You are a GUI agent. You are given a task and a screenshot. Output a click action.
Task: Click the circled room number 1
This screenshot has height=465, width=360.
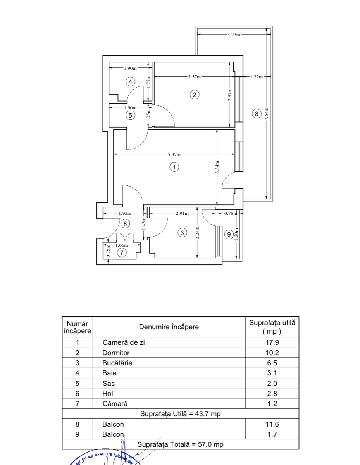point(174,167)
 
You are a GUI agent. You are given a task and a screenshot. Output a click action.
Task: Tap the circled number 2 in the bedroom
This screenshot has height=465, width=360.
point(195,94)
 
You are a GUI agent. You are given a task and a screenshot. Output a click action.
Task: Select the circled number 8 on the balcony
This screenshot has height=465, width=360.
point(256,114)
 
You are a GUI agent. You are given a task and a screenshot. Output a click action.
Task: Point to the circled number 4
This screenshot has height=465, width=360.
point(131,81)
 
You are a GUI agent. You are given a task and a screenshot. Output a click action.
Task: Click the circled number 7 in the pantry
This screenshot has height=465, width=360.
point(122,252)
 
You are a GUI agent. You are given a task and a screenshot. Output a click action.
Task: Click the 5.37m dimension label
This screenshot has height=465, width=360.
point(174,155)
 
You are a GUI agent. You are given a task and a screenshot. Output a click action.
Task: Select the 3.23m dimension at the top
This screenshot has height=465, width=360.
point(234,35)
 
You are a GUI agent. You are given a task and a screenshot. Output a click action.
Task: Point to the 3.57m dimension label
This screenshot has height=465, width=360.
point(195,77)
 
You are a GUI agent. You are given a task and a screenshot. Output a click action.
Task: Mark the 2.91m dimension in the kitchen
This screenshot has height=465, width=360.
point(182,213)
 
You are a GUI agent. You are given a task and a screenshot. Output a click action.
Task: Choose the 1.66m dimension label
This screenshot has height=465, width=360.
point(122,245)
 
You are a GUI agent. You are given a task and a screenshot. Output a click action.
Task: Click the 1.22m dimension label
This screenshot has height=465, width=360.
point(256,77)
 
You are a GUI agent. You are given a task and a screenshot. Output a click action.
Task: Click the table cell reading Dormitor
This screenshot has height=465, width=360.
point(116,353)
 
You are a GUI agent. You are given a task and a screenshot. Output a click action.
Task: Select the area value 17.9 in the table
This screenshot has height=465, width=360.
point(272,342)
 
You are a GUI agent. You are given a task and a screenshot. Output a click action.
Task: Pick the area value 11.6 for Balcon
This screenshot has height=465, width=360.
point(272,424)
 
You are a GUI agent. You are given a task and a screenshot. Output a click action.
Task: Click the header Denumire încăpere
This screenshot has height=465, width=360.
point(169,327)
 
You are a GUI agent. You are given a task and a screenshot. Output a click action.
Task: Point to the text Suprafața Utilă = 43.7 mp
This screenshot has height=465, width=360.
point(180,414)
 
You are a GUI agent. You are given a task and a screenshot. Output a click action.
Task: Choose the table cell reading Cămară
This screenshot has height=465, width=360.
point(115,404)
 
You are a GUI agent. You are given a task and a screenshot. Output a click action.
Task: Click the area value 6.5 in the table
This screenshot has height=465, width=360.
point(272,363)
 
